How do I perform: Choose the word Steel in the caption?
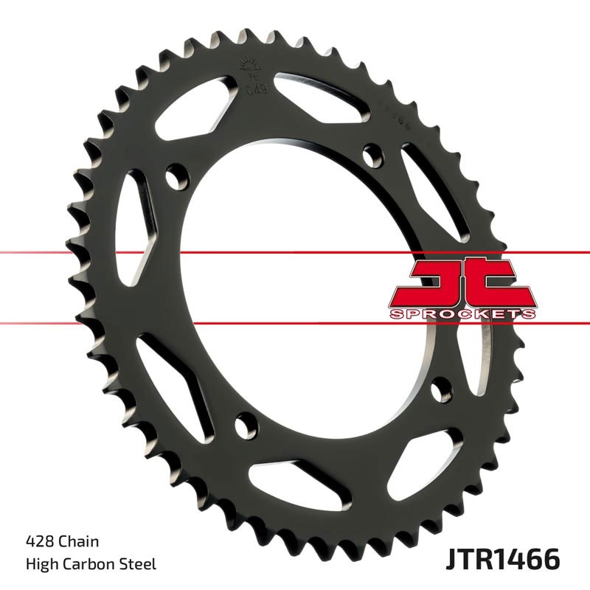[x=138, y=565]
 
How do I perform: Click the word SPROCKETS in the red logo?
[x=462, y=313]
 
